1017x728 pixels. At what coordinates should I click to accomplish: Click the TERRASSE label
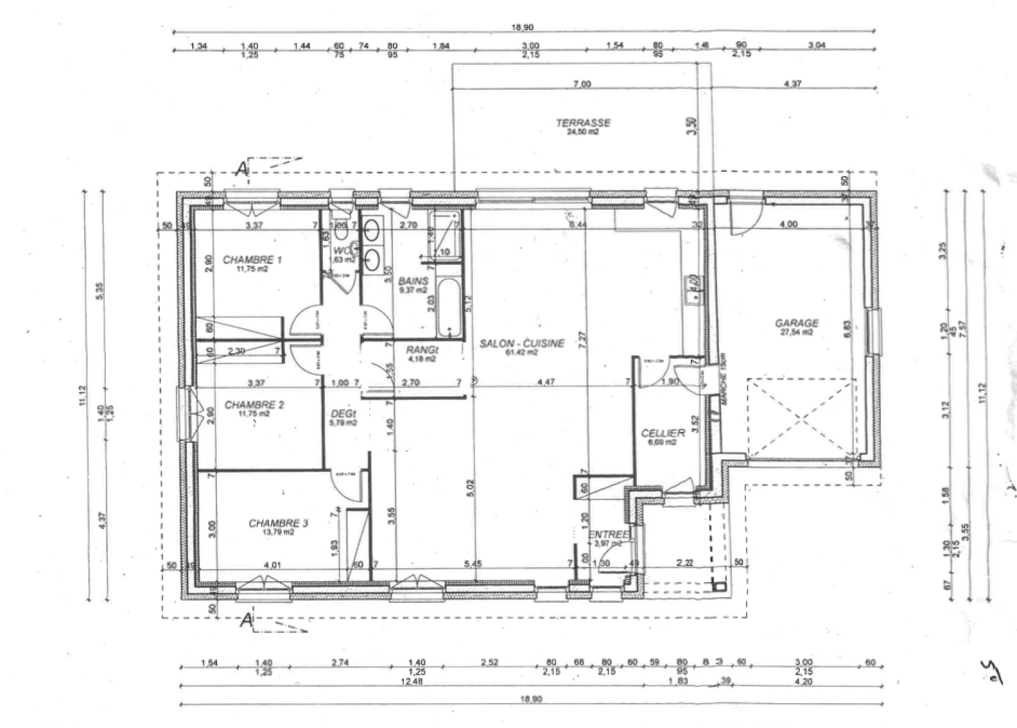pyautogui.click(x=583, y=123)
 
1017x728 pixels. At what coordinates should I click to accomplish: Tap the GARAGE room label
pyautogui.click(x=797, y=324)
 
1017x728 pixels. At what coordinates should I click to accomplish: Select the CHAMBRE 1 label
pyautogui.click(x=252, y=260)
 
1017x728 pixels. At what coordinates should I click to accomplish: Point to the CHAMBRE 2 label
pyautogui.click(x=253, y=405)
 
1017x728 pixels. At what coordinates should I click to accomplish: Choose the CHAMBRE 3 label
pyautogui.click(x=278, y=523)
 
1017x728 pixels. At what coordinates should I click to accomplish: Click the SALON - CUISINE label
pyautogui.click(x=522, y=344)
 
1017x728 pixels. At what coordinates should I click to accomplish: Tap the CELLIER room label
pyautogui.click(x=663, y=433)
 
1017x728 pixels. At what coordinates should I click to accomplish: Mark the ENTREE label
pyautogui.click(x=609, y=535)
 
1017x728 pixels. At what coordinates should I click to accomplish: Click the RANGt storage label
pyautogui.click(x=423, y=351)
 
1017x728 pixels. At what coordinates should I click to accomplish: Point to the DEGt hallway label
pyautogui.click(x=343, y=415)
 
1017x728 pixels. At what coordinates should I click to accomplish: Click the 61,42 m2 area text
pyautogui.click(x=522, y=353)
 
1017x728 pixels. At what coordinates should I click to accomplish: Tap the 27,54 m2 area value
pyautogui.click(x=797, y=332)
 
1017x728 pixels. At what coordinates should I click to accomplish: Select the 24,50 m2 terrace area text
pyautogui.click(x=583, y=132)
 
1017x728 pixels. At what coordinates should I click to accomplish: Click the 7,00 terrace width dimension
pyautogui.click(x=581, y=84)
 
